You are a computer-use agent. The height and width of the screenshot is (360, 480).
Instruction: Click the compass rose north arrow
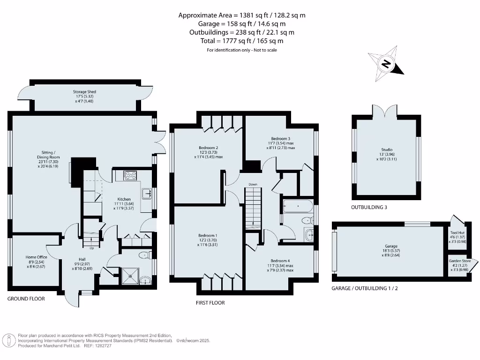coord(386,65)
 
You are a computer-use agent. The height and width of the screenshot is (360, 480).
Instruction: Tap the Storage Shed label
coord(84,92)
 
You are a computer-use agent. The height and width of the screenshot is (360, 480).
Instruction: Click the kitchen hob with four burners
coord(129,176)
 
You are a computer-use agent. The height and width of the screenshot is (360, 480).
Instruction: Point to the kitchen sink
coord(146,193)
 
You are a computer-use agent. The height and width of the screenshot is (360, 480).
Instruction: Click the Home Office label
coord(36,257)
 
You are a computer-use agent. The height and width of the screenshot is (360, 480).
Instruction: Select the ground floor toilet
coord(145,255)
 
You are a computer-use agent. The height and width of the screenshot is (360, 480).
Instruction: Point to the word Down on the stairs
coord(253,184)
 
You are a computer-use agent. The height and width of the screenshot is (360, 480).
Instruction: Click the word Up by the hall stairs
coord(91,248)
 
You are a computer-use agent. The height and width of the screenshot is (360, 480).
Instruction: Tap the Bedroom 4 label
coord(280,261)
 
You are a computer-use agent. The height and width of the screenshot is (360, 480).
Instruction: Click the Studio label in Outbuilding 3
coord(387,150)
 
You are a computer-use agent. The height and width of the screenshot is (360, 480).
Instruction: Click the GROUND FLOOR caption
coord(26,299)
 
